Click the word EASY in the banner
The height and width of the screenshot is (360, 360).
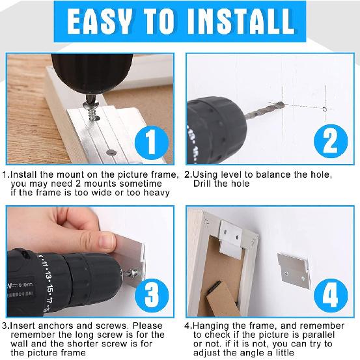click(100, 22)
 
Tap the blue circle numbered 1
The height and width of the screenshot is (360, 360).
click(152, 143)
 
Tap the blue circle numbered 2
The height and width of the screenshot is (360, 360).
click(331, 141)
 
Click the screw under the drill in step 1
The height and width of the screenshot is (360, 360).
click(92, 111)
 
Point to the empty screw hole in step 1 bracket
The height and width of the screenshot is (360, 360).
click(111, 152)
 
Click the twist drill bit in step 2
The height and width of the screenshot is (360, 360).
click(264, 110)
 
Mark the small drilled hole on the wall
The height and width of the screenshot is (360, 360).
click(325, 109)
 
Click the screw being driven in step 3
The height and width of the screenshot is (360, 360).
click(132, 273)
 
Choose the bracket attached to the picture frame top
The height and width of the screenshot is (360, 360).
click(230, 239)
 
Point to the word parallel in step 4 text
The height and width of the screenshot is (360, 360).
click(318, 335)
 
